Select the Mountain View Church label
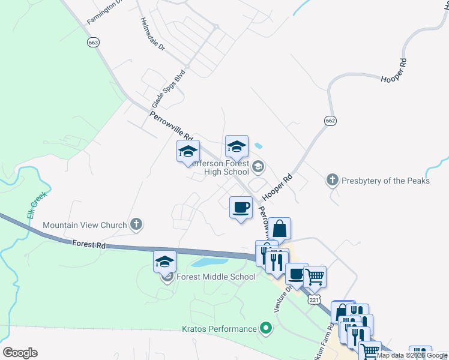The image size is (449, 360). pos(85,226)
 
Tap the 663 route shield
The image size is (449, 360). pos(93,43)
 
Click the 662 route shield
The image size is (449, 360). pos(330,121)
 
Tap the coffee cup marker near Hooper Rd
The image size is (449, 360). pos(241,208)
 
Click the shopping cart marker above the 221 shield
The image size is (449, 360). pos(315,277)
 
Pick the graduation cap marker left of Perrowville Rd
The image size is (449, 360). pos(188,151)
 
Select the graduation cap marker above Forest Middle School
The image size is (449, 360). pos(164,261)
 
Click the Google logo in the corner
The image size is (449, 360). pos(20,353)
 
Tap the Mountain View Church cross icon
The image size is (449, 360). pos(136,226)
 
